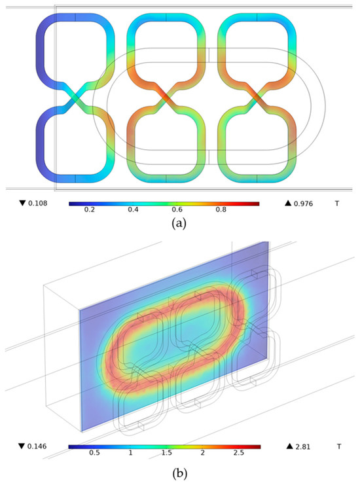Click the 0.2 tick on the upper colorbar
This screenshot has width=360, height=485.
pos(90,209)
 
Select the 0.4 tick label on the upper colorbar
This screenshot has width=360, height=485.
pos(134,209)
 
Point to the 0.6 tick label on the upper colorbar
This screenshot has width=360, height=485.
pos(177,209)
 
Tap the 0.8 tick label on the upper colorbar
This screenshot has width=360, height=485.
pos(221,209)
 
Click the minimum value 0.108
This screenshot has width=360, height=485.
pos(38,203)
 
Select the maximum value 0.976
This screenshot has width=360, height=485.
pos(303,204)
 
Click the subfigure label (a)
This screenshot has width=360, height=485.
pos(179,223)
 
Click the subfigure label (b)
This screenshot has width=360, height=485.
pos(179,473)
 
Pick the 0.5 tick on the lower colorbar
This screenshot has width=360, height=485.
pos(94,453)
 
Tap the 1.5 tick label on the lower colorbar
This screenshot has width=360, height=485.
pos(166,453)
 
